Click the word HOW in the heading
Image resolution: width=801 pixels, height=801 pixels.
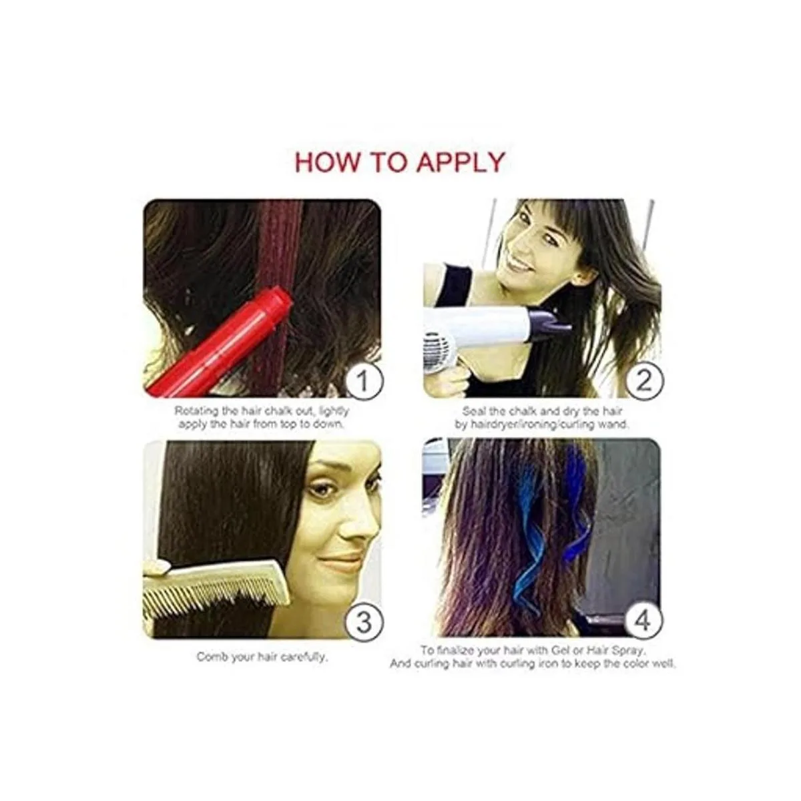coord(326,162)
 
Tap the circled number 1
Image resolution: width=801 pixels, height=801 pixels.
coord(363,382)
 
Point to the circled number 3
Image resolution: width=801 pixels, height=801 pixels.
coord(363,623)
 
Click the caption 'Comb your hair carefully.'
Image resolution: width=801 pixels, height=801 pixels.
coord(262,657)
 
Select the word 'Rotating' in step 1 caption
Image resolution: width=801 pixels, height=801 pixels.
coord(196,411)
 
